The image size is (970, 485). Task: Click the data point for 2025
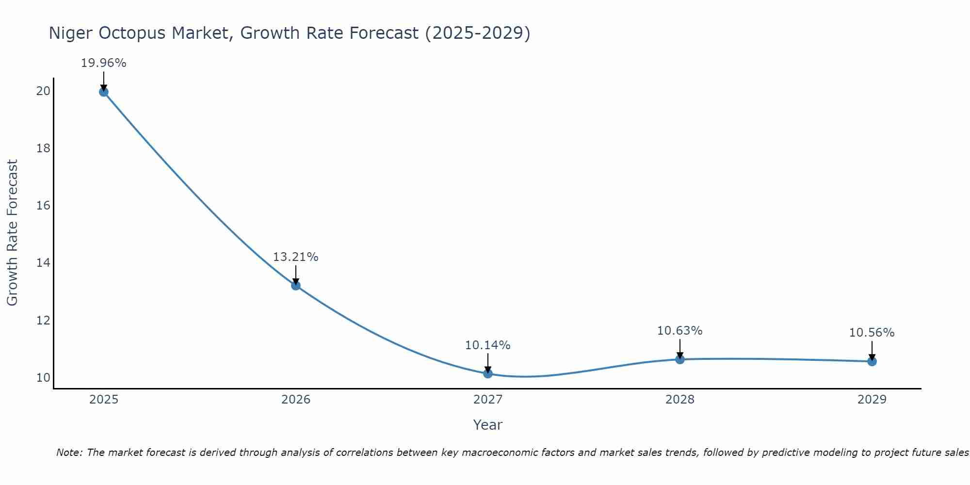103,92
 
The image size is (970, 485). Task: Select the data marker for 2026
296,285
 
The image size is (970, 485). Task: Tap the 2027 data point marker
488,373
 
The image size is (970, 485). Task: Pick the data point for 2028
680,359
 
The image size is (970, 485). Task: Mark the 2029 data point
872,361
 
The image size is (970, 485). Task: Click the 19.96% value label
103,63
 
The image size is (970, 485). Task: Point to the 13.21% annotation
295,257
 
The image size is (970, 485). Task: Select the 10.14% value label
487,345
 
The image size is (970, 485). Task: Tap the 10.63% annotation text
679,331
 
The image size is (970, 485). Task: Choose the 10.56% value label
872,333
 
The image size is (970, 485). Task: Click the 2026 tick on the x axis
296,400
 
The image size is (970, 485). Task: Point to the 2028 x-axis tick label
680,400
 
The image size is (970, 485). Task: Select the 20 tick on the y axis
44,91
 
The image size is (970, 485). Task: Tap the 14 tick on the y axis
44,263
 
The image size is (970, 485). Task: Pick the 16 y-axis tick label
44,206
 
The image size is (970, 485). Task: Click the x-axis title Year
487,425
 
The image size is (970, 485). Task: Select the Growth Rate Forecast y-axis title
13,232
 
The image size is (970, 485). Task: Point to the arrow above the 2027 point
488,363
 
